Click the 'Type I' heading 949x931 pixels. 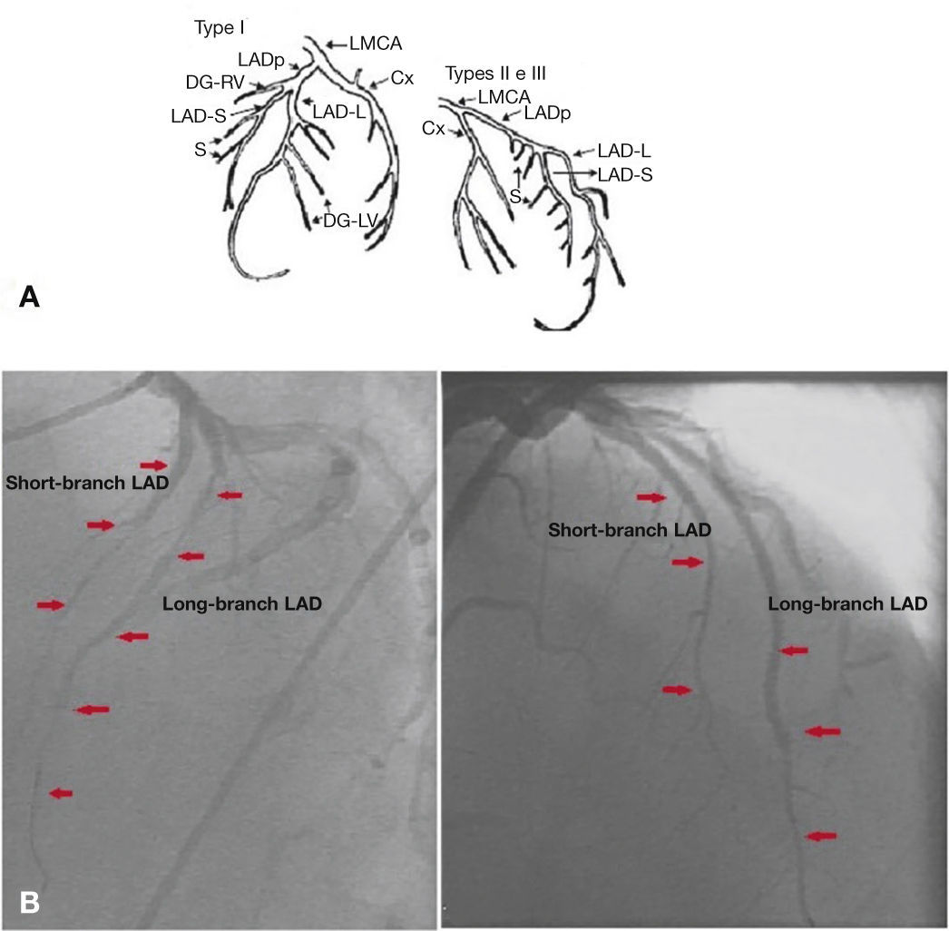tap(220, 28)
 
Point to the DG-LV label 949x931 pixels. tap(349, 219)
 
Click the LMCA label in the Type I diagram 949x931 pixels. tap(375, 42)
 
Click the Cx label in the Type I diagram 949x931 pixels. tap(402, 79)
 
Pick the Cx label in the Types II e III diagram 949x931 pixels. tap(433, 130)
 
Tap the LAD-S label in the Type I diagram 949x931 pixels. tap(197, 116)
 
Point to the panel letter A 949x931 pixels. tap(29, 298)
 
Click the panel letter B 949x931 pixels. tap(29, 903)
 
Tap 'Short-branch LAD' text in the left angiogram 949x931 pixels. tap(87, 482)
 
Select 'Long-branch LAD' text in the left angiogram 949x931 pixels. tap(242, 603)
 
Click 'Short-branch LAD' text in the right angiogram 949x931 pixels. tap(630, 529)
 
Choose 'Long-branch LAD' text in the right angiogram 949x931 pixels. tap(847, 603)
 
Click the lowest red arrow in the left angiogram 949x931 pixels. tap(61, 793)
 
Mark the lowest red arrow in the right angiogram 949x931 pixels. tap(821, 836)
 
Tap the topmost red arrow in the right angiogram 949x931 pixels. tap(651, 497)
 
